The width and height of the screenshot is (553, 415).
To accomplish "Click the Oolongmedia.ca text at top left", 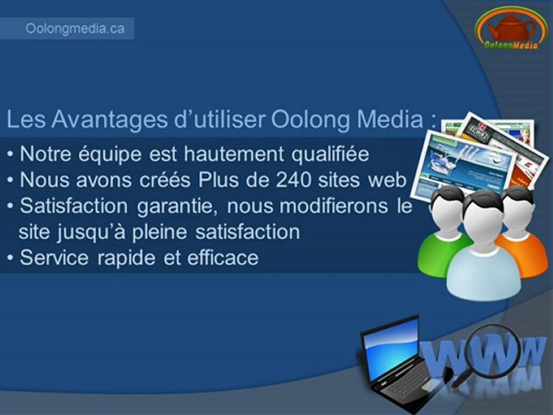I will [x=74, y=29].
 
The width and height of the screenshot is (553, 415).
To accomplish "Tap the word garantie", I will [x=175, y=206].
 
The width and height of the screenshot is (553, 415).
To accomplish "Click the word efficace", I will [x=222, y=257].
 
